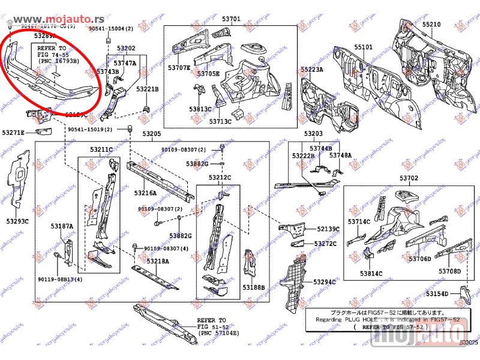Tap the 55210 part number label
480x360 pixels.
[431, 25]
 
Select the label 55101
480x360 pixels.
[362, 47]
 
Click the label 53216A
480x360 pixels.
[145, 193]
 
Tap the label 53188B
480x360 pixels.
[254, 287]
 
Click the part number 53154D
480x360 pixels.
[437, 293]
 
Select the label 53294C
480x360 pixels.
[325, 281]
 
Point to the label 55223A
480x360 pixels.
[312, 70]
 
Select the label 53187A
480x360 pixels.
[62, 226]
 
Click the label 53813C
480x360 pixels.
[200, 109]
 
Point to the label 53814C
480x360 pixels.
[371, 274]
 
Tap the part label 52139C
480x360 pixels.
[328, 229]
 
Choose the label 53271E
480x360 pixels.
[13, 133]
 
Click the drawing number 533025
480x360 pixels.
[469, 342]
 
